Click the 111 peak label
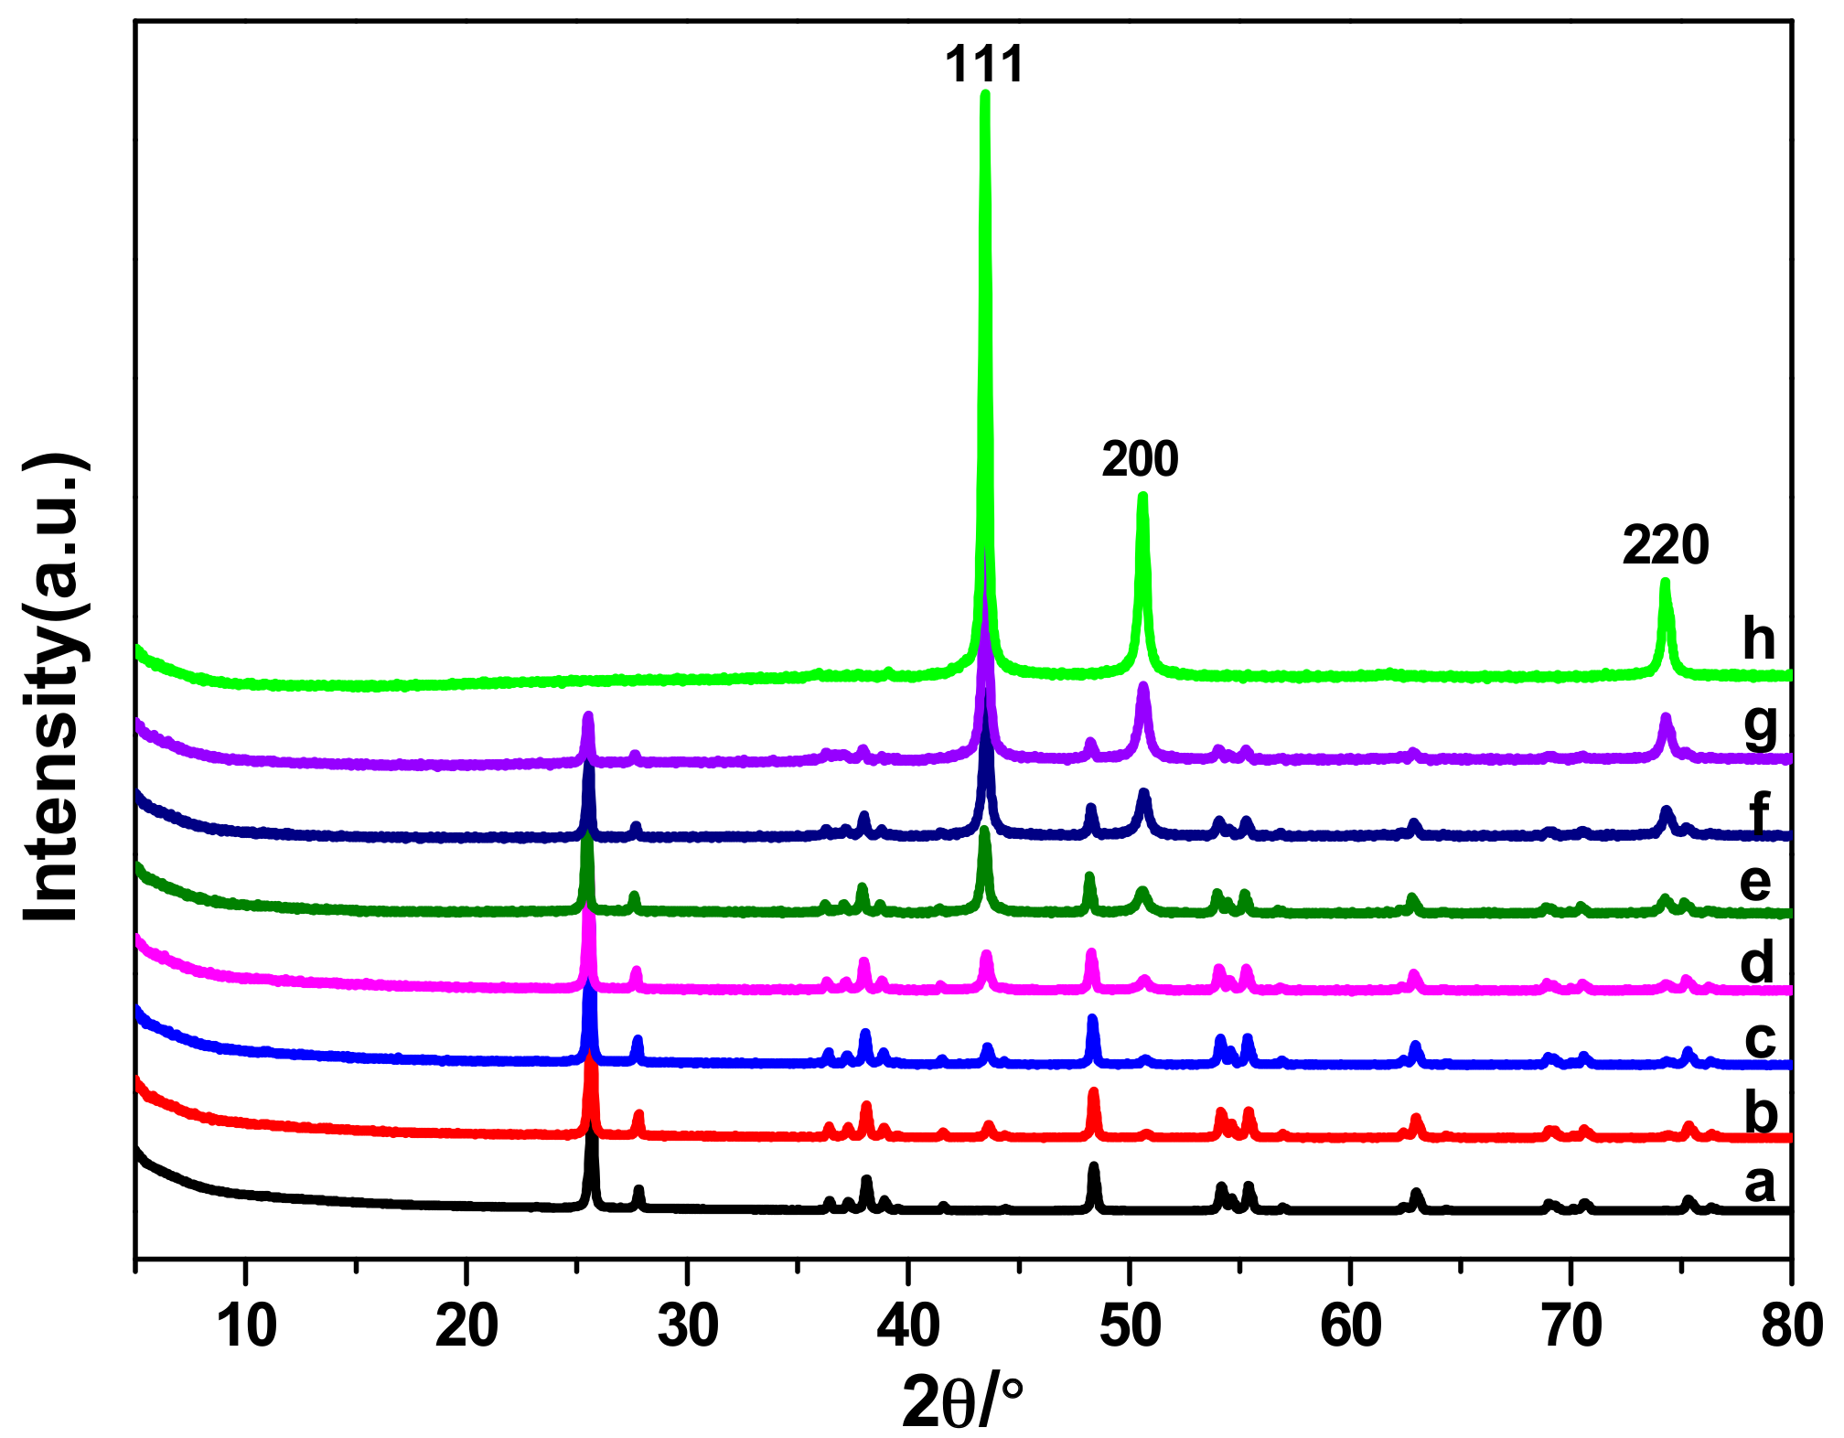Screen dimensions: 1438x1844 coord(984,65)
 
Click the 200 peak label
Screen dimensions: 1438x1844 coord(1140,458)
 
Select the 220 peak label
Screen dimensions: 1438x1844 coord(1666,545)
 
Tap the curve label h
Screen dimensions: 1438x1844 coord(1759,638)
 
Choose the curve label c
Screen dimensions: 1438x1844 coord(1759,1039)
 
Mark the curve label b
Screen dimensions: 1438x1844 coord(1761,1113)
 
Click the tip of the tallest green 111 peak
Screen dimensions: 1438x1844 coord(985,93)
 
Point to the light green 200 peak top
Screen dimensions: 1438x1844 coord(1142,497)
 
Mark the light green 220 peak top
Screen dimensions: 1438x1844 coord(1665,582)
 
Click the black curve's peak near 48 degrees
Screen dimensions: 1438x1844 coord(1093,1167)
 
